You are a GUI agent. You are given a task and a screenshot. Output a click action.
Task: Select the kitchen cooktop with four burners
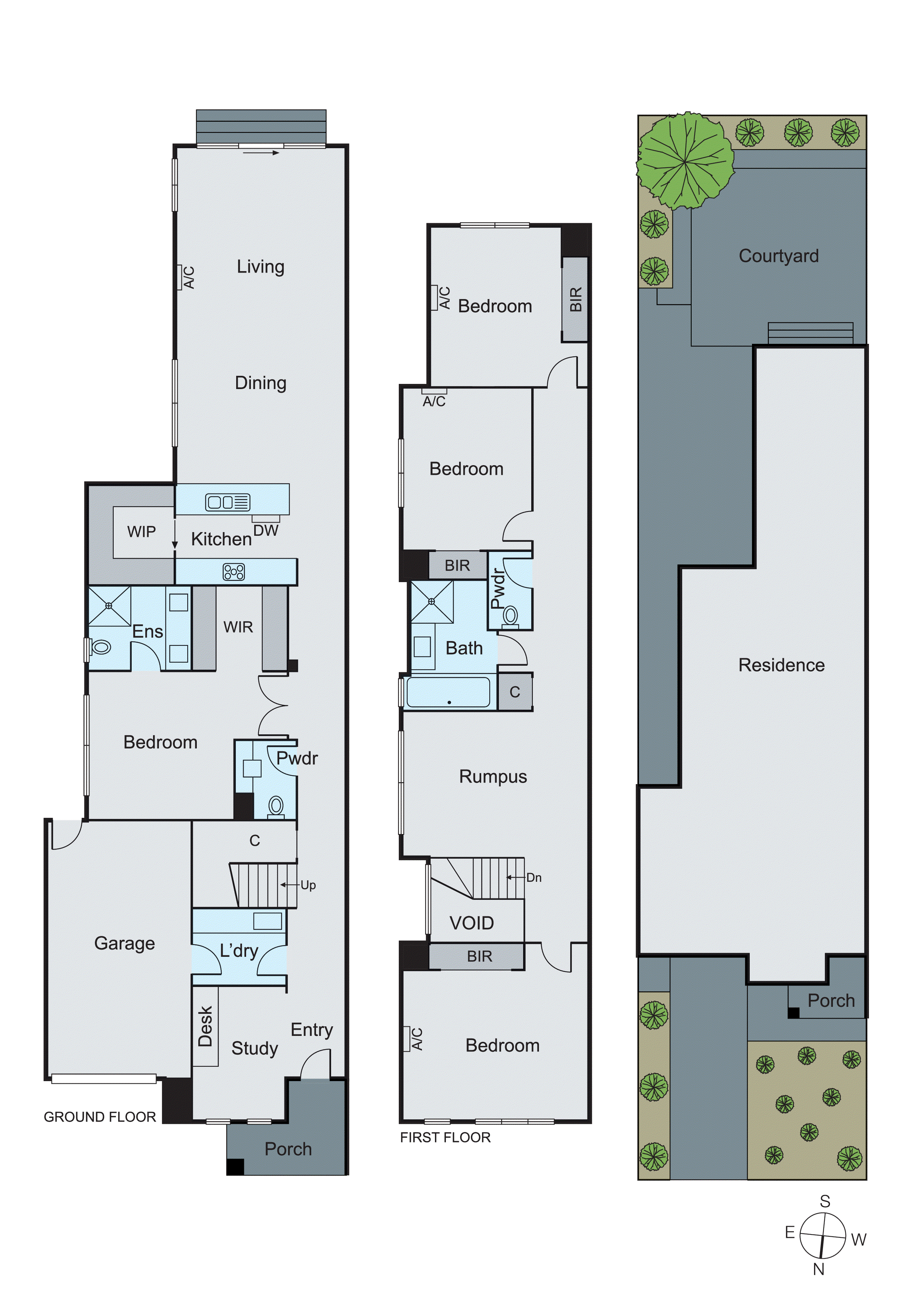tap(234, 572)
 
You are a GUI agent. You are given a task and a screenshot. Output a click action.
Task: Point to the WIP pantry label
tap(141, 531)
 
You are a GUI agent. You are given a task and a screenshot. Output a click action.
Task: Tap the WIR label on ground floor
tap(238, 627)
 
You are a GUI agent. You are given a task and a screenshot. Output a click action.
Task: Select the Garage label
tap(124, 943)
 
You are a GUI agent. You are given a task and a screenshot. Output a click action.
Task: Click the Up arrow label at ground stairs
tap(308, 885)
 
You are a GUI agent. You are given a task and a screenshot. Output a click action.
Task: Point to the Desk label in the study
tap(205, 1026)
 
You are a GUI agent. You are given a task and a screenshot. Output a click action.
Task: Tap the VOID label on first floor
tap(472, 923)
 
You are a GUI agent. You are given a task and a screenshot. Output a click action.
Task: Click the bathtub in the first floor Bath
tap(448, 692)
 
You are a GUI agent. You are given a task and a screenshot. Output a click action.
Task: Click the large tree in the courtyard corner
tap(685, 161)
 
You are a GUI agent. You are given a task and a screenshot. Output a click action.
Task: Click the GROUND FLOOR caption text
tap(100, 1117)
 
